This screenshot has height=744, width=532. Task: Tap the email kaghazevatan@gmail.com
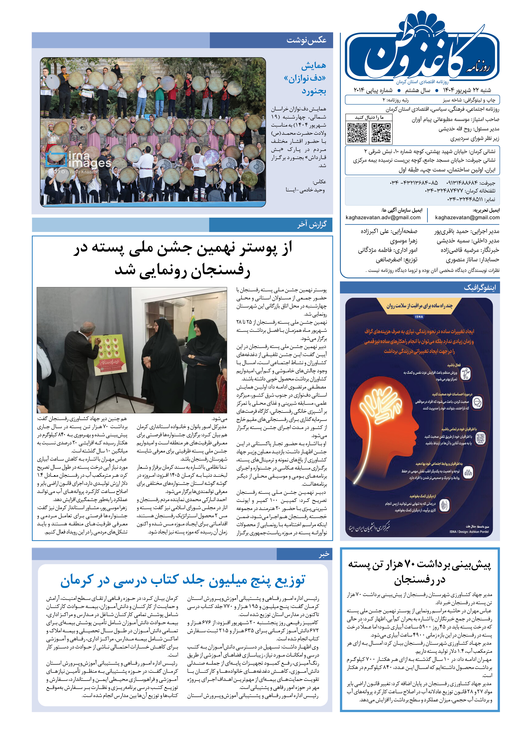point(467,217)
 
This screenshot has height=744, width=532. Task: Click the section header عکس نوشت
point(306,40)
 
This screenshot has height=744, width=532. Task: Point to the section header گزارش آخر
point(312,225)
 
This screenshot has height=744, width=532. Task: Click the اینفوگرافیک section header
point(480,288)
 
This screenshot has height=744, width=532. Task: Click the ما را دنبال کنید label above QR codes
point(369,117)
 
